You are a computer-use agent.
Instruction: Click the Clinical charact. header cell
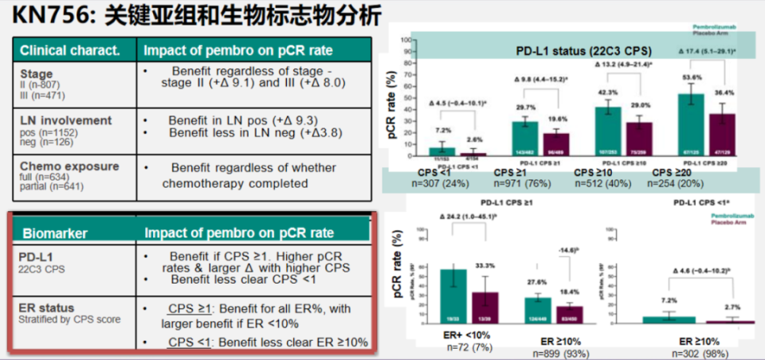point(70,50)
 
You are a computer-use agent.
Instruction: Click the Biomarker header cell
point(56,234)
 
